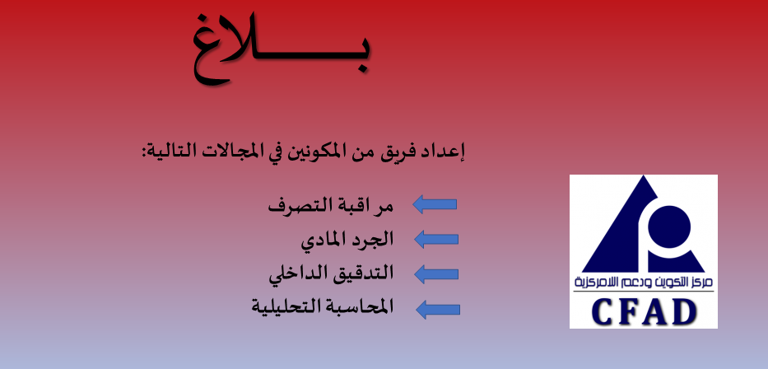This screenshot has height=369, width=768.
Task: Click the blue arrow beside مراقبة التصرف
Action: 435,204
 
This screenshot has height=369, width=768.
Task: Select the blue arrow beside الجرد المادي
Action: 436,239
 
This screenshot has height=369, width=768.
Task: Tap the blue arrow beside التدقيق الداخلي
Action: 436,273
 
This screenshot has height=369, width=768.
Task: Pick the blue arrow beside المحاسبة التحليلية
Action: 438,309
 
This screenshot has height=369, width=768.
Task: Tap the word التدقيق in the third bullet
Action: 365,273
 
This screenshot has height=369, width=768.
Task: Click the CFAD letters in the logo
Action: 644,311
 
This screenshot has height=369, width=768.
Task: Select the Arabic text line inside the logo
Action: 644,283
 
